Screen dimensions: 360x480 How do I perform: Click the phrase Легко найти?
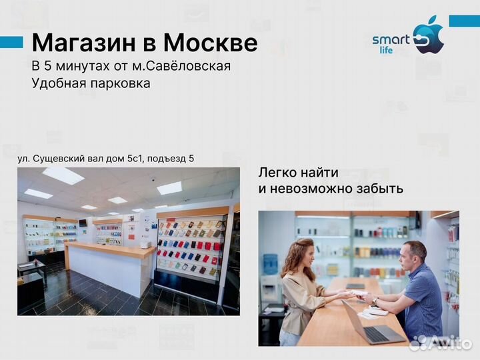click(299, 173)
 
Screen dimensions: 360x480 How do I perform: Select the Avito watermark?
click(440, 343)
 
